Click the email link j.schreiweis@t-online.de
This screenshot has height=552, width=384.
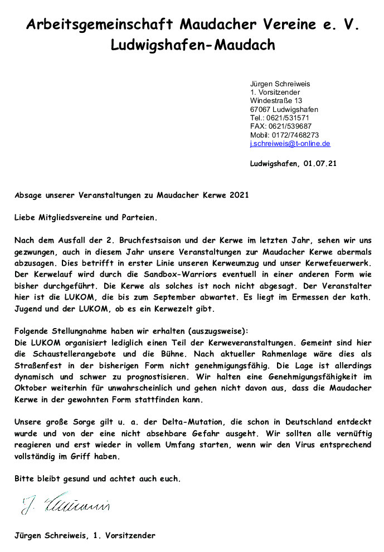click(x=290, y=144)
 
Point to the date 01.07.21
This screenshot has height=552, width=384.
click(x=320, y=164)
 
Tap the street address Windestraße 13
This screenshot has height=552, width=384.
click(x=276, y=101)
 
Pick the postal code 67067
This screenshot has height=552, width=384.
click(x=260, y=110)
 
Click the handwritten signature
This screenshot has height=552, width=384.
click(x=66, y=504)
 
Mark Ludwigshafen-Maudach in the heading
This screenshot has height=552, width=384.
click(x=192, y=45)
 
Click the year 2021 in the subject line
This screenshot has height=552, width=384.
click(x=231, y=196)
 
